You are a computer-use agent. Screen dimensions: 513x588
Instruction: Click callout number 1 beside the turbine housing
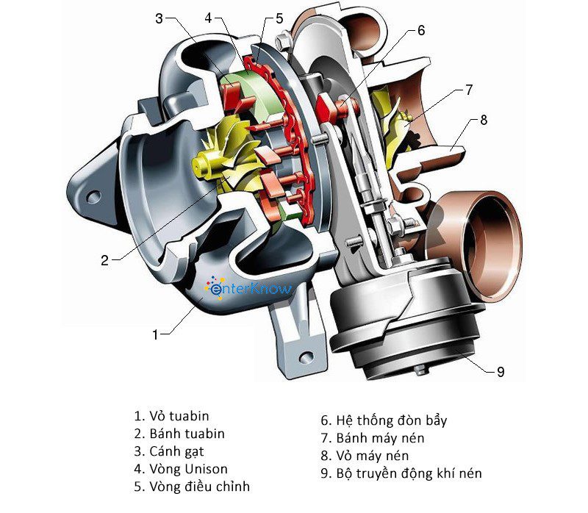click(155, 334)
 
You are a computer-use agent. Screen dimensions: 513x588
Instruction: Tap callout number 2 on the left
click(105, 259)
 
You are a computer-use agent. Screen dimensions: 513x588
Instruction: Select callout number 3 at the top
click(159, 19)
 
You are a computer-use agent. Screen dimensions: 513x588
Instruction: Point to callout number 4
click(208, 16)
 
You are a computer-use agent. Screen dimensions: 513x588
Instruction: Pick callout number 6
click(421, 31)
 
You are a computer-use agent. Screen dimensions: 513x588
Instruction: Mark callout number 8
click(483, 120)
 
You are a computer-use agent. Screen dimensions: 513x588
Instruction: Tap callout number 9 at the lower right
click(501, 371)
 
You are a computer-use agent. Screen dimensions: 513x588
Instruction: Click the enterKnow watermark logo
click(250, 289)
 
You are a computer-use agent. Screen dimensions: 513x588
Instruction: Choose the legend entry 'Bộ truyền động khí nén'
click(401, 473)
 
